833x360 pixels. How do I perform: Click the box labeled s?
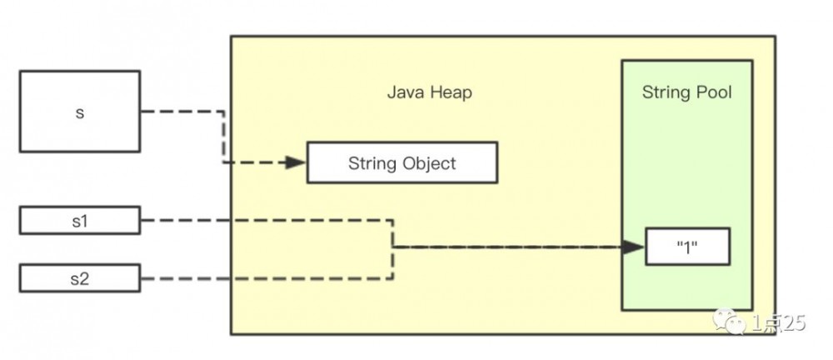tap(79, 112)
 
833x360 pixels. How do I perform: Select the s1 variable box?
tap(79, 222)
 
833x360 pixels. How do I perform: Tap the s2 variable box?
tap(79, 277)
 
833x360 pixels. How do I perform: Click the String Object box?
tap(402, 162)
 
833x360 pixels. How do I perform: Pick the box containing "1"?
tap(687, 247)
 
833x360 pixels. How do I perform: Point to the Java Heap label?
tap(429, 92)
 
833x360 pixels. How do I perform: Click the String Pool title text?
tap(686, 92)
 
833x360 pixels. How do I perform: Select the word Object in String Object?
tap(430, 162)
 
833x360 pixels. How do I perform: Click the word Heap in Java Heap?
tap(451, 92)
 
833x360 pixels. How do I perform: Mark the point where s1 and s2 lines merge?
tap(393, 247)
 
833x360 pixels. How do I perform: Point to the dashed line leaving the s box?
tap(183, 112)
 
